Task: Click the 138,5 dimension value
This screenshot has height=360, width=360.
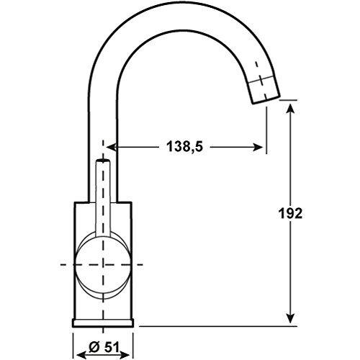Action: (x=184, y=146)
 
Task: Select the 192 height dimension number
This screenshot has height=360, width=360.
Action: (x=290, y=213)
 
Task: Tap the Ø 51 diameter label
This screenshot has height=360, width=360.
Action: (x=104, y=347)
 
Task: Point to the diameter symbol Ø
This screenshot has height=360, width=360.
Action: (x=94, y=347)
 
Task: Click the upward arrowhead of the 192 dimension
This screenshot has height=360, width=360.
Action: (x=290, y=109)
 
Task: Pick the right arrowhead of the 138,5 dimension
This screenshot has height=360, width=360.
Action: (x=258, y=147)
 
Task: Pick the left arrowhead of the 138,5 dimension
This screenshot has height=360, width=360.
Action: (x=112, y=147)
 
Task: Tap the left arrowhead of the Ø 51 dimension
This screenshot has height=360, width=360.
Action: (x=81, y=354)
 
